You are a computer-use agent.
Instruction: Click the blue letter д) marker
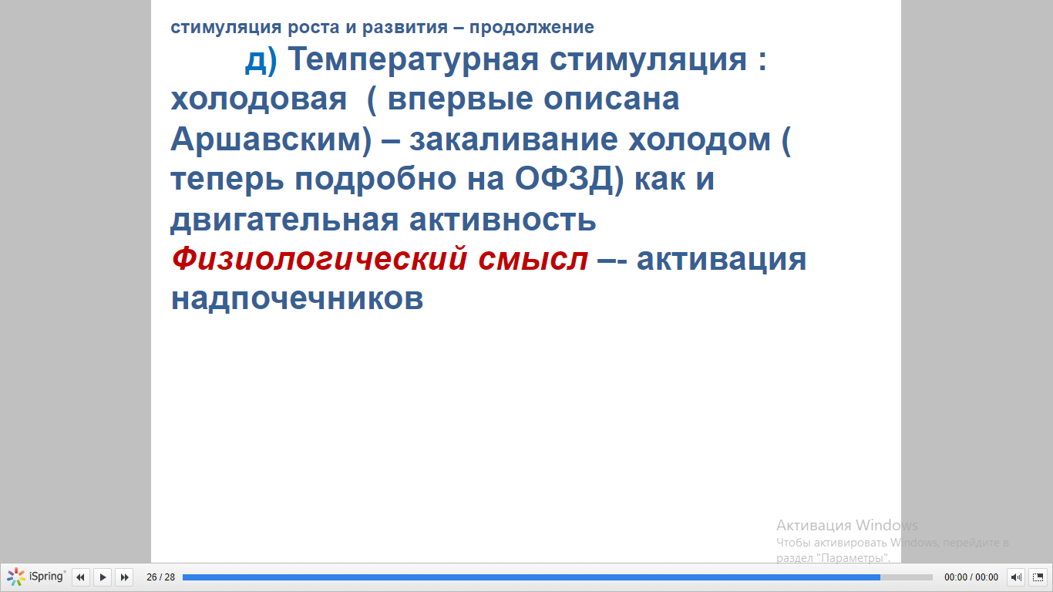coord(261,60)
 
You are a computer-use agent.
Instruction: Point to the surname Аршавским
coord(271,140)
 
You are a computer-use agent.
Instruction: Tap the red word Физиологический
coord(319,260)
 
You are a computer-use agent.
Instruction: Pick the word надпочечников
coord(297,299)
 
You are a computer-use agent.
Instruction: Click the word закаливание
coord(513,140)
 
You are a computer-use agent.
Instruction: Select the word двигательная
coord(284,220)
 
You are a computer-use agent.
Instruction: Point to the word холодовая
coord(258,99)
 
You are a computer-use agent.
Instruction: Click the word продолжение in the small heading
coord(532,28)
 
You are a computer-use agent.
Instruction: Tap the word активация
coord(721,260)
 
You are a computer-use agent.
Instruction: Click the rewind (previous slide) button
coord(80,577)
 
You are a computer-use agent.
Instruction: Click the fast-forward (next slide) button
coord(124,577)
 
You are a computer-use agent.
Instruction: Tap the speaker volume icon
coord(1016,577)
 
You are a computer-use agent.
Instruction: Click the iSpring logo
coord(36,577)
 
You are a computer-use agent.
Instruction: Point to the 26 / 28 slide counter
coord(160,577)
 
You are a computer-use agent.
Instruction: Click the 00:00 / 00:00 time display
coord(971,577)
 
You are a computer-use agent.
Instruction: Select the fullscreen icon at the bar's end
coord(1038,577)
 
